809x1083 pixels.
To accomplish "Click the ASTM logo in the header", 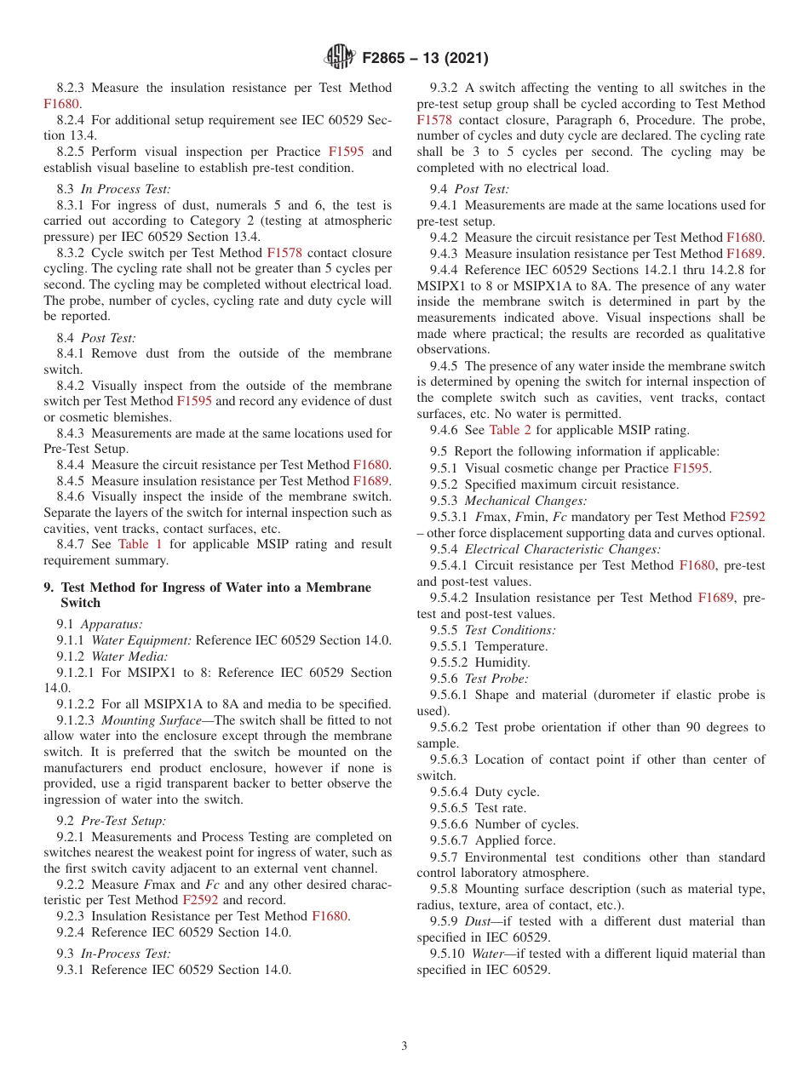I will [340, 58].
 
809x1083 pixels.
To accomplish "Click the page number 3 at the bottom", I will [404, 1046].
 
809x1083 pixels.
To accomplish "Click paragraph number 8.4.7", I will [72, 544].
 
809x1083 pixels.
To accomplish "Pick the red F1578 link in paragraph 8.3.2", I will [284, 253].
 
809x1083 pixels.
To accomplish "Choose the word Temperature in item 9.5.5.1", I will [511, 646].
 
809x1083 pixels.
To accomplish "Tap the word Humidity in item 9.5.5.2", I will [502, 662].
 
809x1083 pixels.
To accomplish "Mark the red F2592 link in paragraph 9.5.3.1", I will [747, 517].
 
